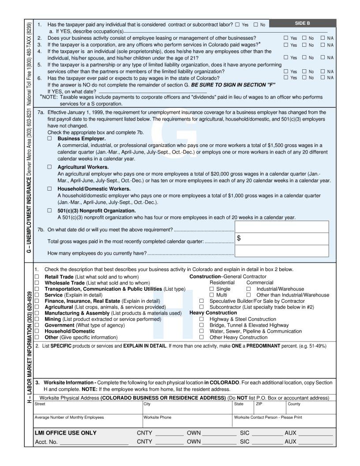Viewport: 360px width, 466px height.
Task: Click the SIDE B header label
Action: pyautogui.click(x=302, y=23)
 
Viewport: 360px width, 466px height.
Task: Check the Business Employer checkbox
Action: pyautogui.click(x=49, y=139)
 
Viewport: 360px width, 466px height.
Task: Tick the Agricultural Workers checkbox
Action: pyautogui.click(x=49, y=167)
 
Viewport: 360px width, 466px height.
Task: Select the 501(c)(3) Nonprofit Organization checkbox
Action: pyautogui.click(x=49, y=211)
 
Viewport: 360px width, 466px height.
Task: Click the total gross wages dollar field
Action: pyautogui.click(x=281, y=239)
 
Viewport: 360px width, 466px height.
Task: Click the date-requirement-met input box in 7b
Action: pyautogui.click(x=281, y=227)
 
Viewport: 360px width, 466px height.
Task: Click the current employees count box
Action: pyautogui.click(x=281, y=251)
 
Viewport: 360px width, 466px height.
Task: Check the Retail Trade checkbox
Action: pyautogui.click(x=37, y=277)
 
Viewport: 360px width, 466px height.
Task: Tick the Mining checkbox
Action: pyautogui.click(x=37, y=319)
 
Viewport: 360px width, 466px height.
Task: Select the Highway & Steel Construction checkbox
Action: pyautogui.click(x=201, y=319)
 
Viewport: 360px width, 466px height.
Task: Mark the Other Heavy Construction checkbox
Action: pyautogui.click(x=201, y=337)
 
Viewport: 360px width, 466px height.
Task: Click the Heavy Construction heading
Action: pyautogui.click(x=213, y=313)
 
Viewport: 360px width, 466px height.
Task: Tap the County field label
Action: pyautogui.click(x=294, y=404)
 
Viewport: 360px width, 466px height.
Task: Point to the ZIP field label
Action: pyautogui.click(x=259, y=404)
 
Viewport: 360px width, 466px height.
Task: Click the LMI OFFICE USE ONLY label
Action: pyautogui.click(x=65, y=433)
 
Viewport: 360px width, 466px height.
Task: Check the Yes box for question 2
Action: pyautogui.click(x=285, y=38)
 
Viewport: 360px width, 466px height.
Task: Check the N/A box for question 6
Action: pyautogui.click(x=323, y=77)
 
